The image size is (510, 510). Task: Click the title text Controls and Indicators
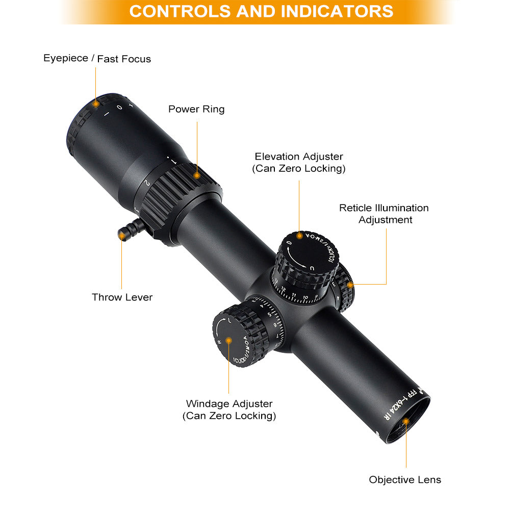[x=261, y=11]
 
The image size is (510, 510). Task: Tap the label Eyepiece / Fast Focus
[x=97, y=59]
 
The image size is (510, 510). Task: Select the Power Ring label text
[x=196, y=109]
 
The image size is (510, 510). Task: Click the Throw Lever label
[x=122, y=297]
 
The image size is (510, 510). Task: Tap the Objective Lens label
[x=405, y=479]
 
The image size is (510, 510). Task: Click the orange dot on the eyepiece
[x=95, y=104]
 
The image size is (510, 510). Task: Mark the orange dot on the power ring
[x=197, y=175]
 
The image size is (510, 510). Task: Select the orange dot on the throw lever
[x=121, y=235]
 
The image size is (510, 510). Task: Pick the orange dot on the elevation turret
[x=299, y=236]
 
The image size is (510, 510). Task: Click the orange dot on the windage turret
[x=229, y=340]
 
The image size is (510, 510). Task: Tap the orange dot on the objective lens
[x=406, y=421]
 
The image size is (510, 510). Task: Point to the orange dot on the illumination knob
[x=350, y=285]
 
